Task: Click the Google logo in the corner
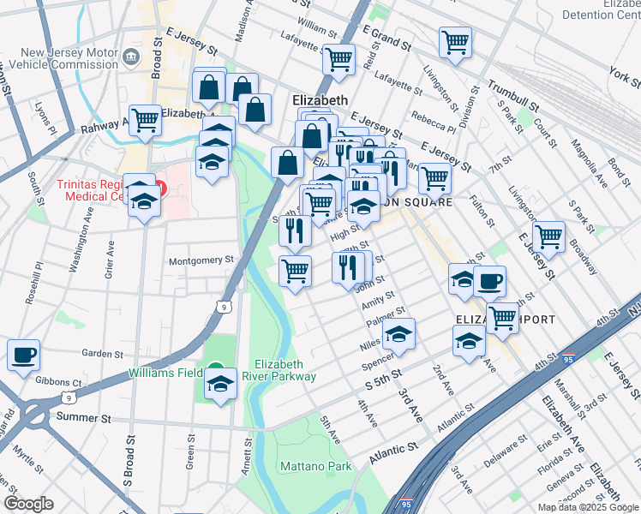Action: tap(29, 504)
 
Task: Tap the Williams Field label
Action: tap(165, 373)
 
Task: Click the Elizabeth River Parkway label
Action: tap(285, 370)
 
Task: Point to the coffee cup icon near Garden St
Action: tap(23, 355)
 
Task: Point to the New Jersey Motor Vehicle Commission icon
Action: tap(131, 57)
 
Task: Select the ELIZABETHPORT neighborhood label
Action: tap(506, 320)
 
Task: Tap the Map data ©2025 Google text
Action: tap(588, 507)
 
